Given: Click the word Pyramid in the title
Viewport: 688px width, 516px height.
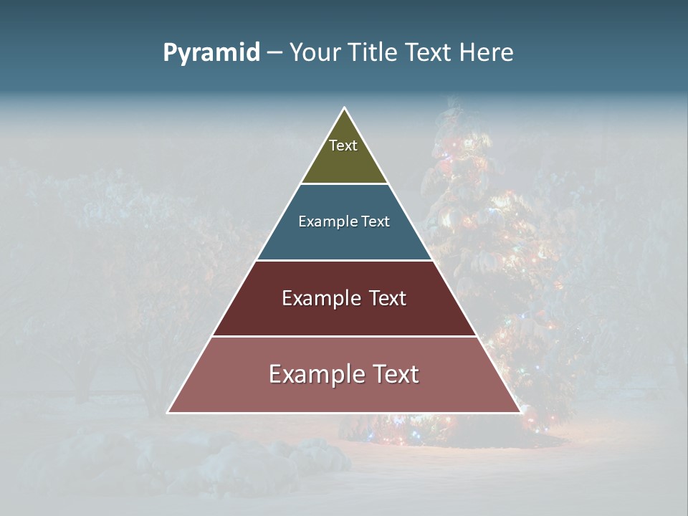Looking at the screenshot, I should (211, 53).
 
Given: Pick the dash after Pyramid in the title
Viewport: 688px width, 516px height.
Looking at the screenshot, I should (274, 53).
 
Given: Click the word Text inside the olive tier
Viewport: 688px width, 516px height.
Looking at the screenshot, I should (343, 145).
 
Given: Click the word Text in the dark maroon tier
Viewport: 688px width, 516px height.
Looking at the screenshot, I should (381, 298).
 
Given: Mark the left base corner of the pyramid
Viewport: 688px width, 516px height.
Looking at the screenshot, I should (169, 411).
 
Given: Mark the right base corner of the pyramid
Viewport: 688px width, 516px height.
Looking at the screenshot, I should (519, 411).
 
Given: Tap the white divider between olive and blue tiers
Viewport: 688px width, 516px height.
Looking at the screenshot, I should (344, 184).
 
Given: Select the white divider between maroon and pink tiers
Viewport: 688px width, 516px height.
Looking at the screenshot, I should (344, 336).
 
